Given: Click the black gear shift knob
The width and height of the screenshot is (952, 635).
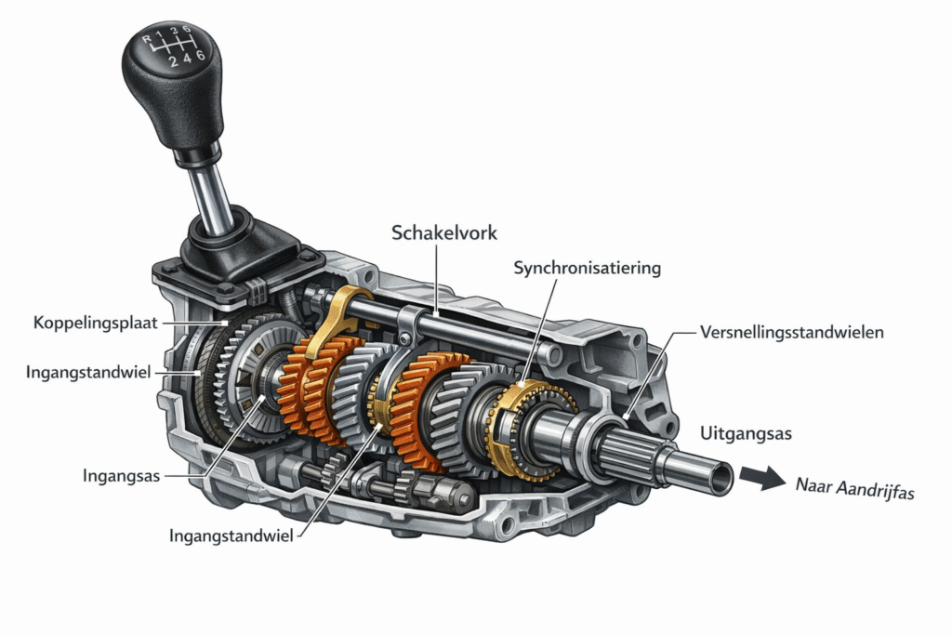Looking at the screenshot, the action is (x=172, y=85).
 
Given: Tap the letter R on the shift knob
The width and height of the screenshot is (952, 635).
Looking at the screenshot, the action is (x=146, y=39).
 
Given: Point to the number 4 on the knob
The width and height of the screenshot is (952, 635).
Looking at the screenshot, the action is (x=187, y=59).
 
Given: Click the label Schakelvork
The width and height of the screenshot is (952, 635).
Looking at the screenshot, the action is (x=443, y=232).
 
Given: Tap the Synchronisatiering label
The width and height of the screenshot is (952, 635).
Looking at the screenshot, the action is (x=588, y=268).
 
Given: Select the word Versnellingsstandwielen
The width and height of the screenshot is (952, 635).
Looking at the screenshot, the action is (x=792, y=332).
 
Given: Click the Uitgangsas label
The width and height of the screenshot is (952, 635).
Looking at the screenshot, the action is (x=746, y=433).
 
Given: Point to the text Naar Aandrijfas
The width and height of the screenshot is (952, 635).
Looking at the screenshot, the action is (x=855, y=487).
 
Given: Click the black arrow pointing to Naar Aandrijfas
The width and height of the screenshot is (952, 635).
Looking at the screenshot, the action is (x=762, y=477).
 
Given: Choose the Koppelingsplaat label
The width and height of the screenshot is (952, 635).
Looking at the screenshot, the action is (x=96, y=323).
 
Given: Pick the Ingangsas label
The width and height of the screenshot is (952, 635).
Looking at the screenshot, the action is (x=122, y=475).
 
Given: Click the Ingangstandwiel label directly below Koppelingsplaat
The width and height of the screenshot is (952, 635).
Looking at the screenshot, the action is (x=88, y=372).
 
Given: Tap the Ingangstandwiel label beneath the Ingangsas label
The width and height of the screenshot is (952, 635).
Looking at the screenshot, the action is (x=231, y=536).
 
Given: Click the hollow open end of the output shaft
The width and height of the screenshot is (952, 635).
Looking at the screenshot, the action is (x=721, y=479).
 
